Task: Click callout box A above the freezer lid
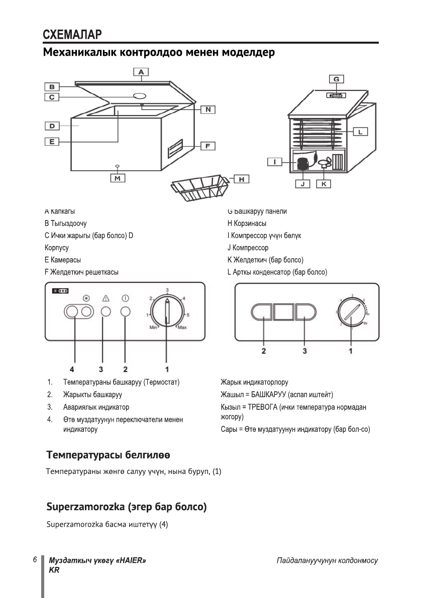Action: point(141,72)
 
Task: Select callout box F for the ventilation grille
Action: point(207,146)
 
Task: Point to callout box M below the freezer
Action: point(118,178)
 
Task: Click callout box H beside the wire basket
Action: point(241,179)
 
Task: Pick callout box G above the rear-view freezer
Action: point(336,79)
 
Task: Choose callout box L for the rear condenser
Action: point(361,132)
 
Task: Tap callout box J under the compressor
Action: point(302,184)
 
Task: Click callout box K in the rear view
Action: point(324,184)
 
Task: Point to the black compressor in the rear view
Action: point(303,164)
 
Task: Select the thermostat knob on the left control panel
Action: point(167,312)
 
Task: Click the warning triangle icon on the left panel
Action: point(105,297)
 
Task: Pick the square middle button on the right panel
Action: point(284,312)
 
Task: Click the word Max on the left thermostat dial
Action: point(182,327)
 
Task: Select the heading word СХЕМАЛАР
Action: point(72,35)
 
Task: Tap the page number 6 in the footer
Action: point(35,560)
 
